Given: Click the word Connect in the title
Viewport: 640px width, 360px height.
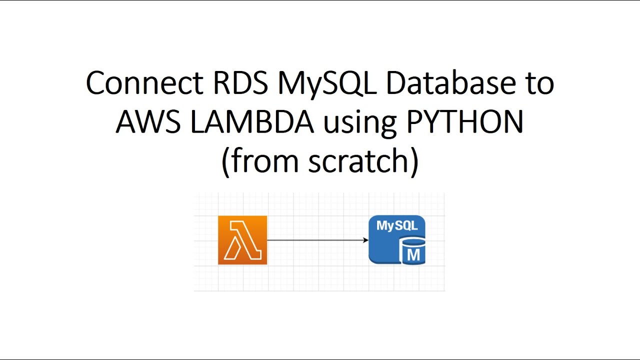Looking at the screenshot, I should pyautogui.click(x=144, y=83).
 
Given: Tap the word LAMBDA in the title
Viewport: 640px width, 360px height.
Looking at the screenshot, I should pyautogui.click(x=251, y=122).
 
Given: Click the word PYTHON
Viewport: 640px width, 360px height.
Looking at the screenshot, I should pyautogui.click(x=465, y=122).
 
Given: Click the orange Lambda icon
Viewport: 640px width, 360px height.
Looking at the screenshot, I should pyautogui.click(x=242, y=240).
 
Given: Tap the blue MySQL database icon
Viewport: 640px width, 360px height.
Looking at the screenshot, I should pyautogui.click(x=396, y=239).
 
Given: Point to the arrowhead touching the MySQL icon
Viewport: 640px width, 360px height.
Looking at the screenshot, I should pyautogui.click(x=366, y=240).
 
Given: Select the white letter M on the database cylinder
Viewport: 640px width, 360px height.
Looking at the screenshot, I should pyautogui.click(x=413, y=255).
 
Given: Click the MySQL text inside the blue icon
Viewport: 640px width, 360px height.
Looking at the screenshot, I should pyautogui.click(x=396, y=225).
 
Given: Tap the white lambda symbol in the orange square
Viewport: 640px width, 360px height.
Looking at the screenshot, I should pyautogui.click(x=242, y=241).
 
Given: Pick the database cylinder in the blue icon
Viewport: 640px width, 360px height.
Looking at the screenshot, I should pyautogui.click(x=413, y=251).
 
